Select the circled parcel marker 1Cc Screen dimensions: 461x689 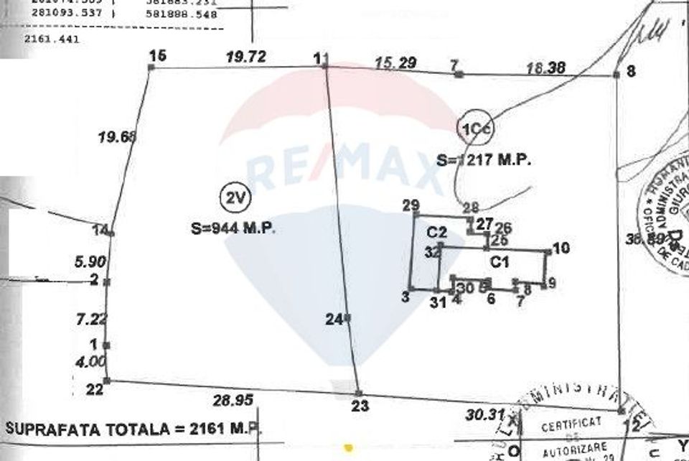[474, 127]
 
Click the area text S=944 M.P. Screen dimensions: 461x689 [234, 229]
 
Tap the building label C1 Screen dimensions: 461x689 [500, 261]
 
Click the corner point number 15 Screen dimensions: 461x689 [157, 55]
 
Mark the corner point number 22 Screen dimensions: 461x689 [94, 390]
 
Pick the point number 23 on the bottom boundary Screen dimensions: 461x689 [361, 406]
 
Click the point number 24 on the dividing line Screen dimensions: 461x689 [332, 320]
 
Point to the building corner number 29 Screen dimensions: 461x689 [411, 207]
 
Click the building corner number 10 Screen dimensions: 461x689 [561, 248]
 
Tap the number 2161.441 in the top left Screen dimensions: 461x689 [52, 39]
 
